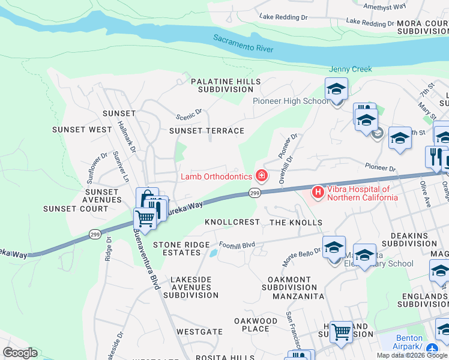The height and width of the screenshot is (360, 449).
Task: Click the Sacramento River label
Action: (x=243, y=43)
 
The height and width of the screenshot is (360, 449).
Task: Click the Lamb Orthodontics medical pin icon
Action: (x=261, y=176)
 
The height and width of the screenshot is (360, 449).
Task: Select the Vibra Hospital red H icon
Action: (x=318, y=193)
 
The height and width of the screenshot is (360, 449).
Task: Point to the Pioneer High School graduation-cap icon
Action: (x=337, y=90)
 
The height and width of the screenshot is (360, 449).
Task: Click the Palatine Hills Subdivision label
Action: (x=226, y=85)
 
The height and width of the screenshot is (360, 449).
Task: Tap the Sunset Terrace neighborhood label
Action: (x=206, y=131)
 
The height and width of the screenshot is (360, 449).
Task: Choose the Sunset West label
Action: (x=82, y=130)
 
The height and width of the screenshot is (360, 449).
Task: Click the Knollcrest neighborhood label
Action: (x=232, y=222)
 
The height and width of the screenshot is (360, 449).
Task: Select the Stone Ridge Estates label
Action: (x=181, y=249)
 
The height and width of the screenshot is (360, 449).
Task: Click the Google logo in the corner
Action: (x=20, y=353)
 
